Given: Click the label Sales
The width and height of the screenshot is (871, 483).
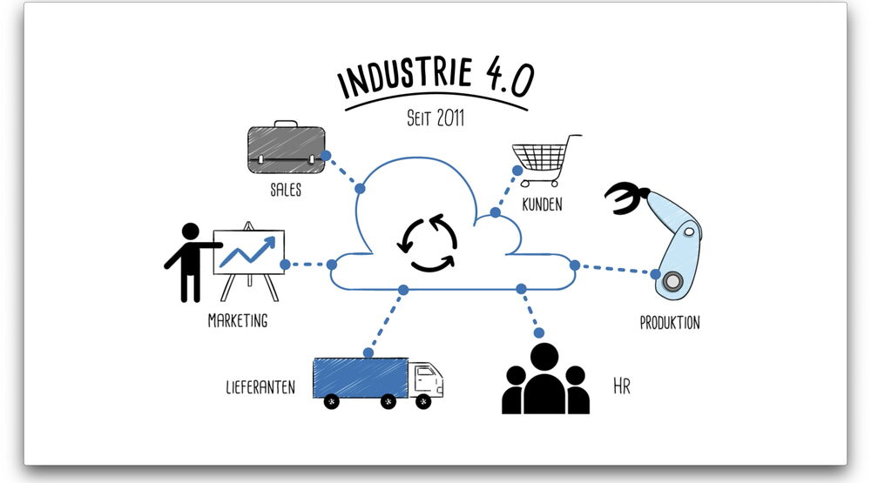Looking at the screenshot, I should pos(286,190).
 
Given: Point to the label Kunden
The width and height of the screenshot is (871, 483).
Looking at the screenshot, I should pos(542,206).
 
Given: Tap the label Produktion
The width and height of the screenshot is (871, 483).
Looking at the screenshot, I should pos(670,323).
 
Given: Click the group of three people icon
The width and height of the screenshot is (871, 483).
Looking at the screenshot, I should pos(546,379).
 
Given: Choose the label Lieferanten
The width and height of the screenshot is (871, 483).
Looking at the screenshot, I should pos(260,387).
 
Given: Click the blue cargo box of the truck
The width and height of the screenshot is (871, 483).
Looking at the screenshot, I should pos(360,378).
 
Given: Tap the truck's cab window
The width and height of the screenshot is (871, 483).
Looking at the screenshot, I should pos(426,376).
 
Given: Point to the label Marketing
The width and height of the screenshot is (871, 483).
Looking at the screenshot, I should pos(238,320).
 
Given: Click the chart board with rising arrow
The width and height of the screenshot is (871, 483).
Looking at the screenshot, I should pos(248,252).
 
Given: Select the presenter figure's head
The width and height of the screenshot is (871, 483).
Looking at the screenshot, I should pos(191,232).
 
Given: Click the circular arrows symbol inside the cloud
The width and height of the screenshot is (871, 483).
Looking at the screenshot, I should pos(427,243).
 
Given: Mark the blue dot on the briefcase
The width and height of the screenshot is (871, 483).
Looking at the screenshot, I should pos(326,156).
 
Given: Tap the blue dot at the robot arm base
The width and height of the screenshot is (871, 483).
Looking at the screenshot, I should pos(656,273).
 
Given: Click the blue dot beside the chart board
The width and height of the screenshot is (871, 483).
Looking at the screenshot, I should pos(285,264).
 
